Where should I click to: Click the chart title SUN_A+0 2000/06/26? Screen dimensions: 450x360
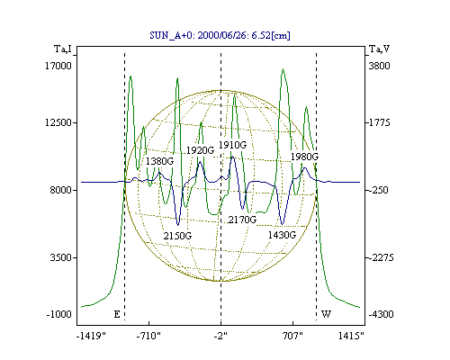pyautogui.click(x=220, y=35)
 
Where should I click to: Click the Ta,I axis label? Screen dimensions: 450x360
pyautogui.click(x=63, y=49)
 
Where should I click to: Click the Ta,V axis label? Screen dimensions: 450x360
pyautogui.click(x=379, y=49)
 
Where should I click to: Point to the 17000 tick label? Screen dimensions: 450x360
pyautogui.click(x=58, y=66)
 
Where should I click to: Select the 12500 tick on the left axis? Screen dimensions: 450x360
pyautogui.click(x=58, y=122)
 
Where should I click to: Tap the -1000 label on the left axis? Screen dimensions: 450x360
pyautogui.click(x=59, y=314)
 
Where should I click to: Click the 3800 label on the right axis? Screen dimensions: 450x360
pyautogui.click(x=379, y=66)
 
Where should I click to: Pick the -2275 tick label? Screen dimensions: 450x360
pyautogui.click(x=381, y=257)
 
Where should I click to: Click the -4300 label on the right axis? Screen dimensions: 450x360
pyautogui.click(x=381, y=314)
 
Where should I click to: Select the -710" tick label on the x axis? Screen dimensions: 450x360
pyautogui.click(x=148, y=336)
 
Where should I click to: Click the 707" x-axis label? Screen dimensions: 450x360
pyautogui.click(x=292, y=336)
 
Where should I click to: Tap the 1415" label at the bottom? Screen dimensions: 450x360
pyautogui.click(x=351, y=336)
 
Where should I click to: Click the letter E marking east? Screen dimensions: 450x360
pyautogui.click(x=117, y=314)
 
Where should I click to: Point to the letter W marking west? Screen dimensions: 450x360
pyautogui.click(x=326, y=314)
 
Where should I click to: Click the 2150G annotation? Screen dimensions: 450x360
pyautogui.click(x=177, y=236)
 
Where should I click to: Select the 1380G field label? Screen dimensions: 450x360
pyautogui.click(x=159, y=161)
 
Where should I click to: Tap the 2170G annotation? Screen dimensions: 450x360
pyautogui.click(x=242, y=220)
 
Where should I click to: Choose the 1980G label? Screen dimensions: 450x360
pyautogui.click(x=304, y=157)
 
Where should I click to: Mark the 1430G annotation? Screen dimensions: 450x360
pyautogui.click(x=282, y=235)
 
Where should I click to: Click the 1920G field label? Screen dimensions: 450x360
pyautogui.click(x=201, y=150)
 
